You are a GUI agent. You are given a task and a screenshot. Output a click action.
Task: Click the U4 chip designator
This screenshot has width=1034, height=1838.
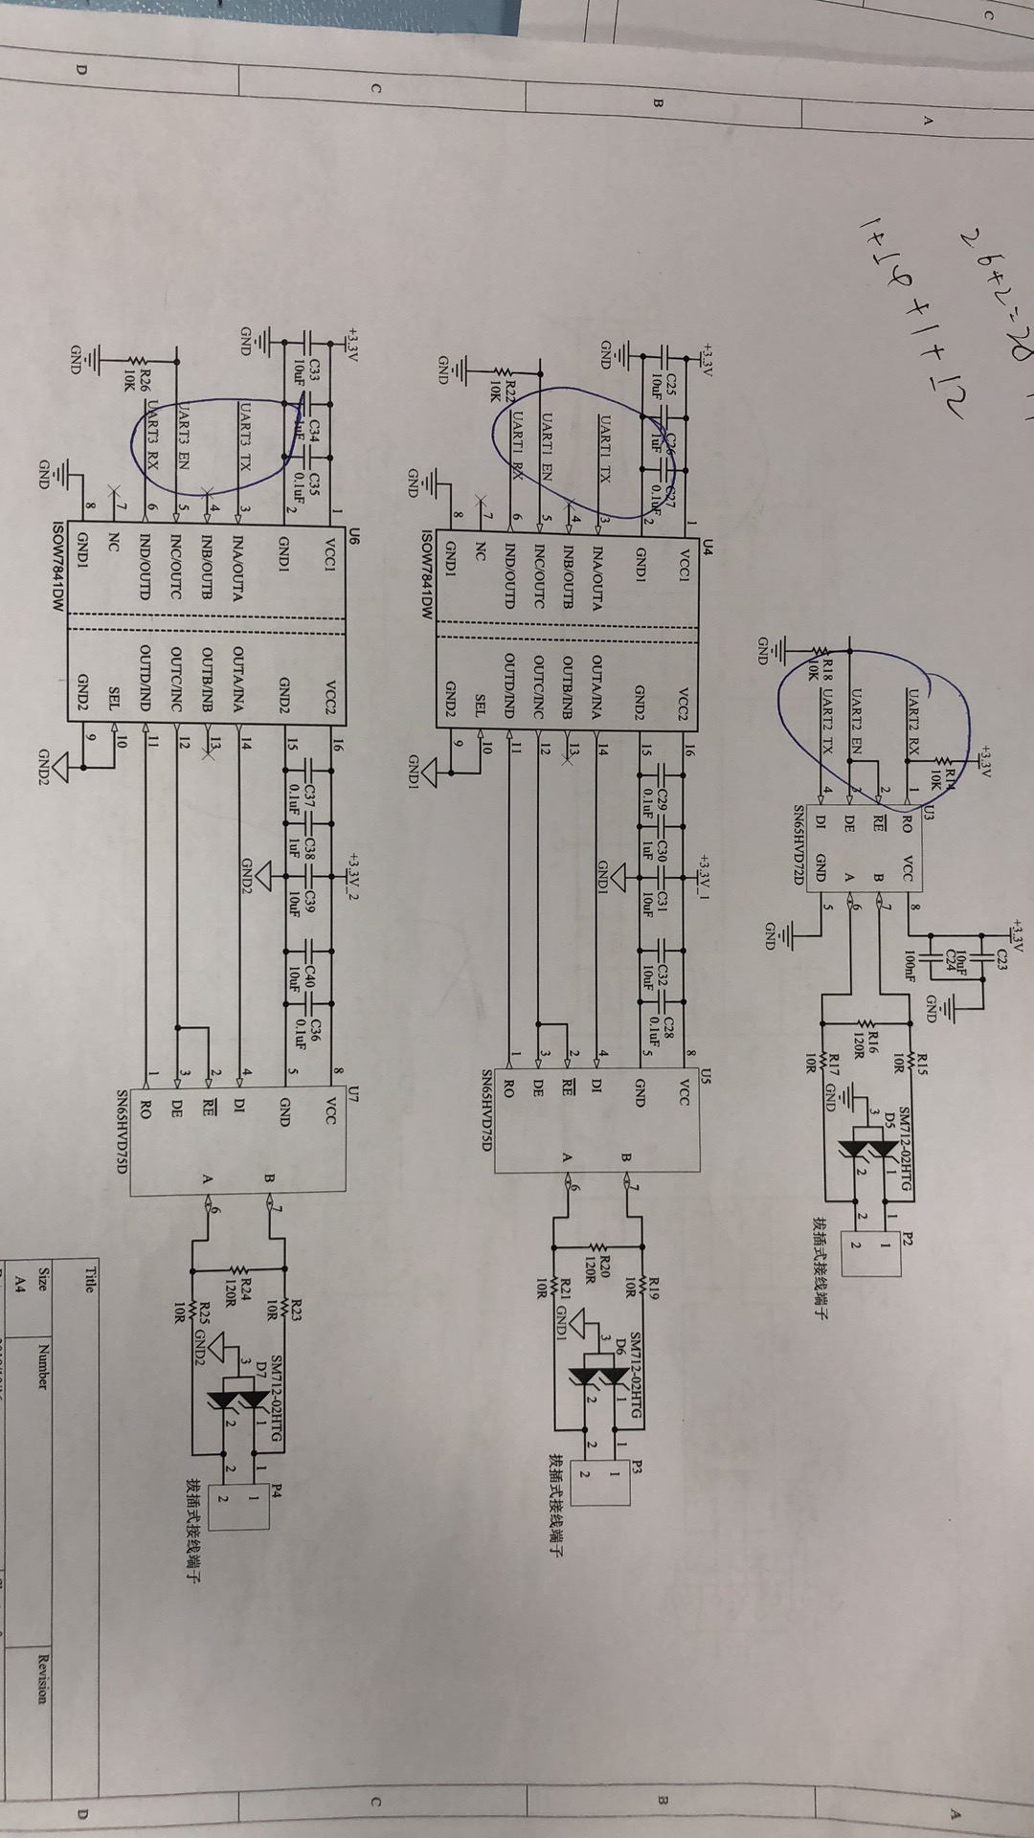click(708, 547)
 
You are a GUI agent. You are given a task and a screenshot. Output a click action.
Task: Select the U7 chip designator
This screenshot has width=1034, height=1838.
click(354, 1091)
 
